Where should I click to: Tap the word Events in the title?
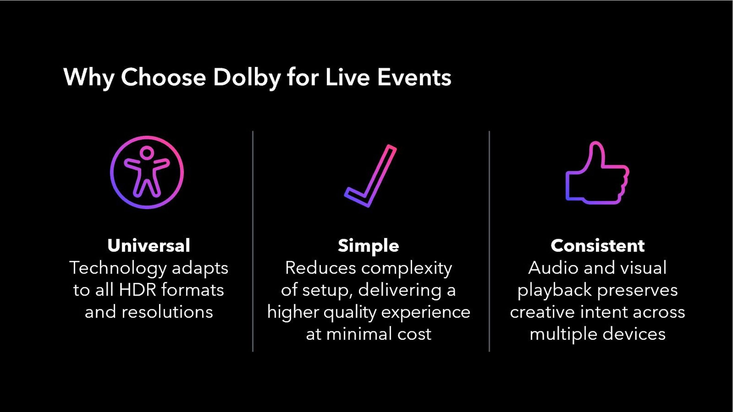(x=414, y=77)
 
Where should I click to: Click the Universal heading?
(x=149, y=246)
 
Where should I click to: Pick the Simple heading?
(x=368, y=246)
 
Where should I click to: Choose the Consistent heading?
(x=598, y=246)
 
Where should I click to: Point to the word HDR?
(x=137, y=290)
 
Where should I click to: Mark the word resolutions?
(x=167, y=312)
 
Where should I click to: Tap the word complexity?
(x=406, y=268)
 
